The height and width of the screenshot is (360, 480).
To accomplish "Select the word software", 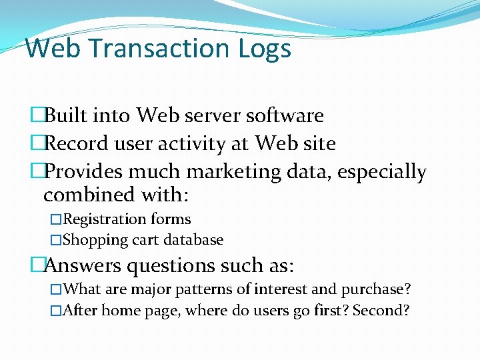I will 285,115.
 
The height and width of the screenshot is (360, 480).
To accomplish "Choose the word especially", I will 381,173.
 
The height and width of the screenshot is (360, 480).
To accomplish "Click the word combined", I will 87,195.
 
